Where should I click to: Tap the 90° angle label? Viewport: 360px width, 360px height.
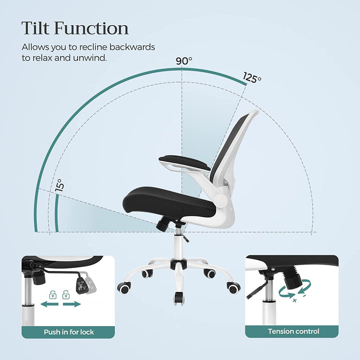[184, 61]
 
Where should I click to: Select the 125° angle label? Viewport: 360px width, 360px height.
[253, 78]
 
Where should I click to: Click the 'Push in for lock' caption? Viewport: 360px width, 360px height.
[69, 332]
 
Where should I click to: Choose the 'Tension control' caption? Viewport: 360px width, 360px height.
[293, 332]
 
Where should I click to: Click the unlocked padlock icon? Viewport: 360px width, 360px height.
[66, 295]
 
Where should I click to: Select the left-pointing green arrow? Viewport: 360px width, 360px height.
[48, 304]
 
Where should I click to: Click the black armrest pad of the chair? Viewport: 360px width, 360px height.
[185, 161]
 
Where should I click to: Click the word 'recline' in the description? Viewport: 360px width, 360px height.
[95, 47]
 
